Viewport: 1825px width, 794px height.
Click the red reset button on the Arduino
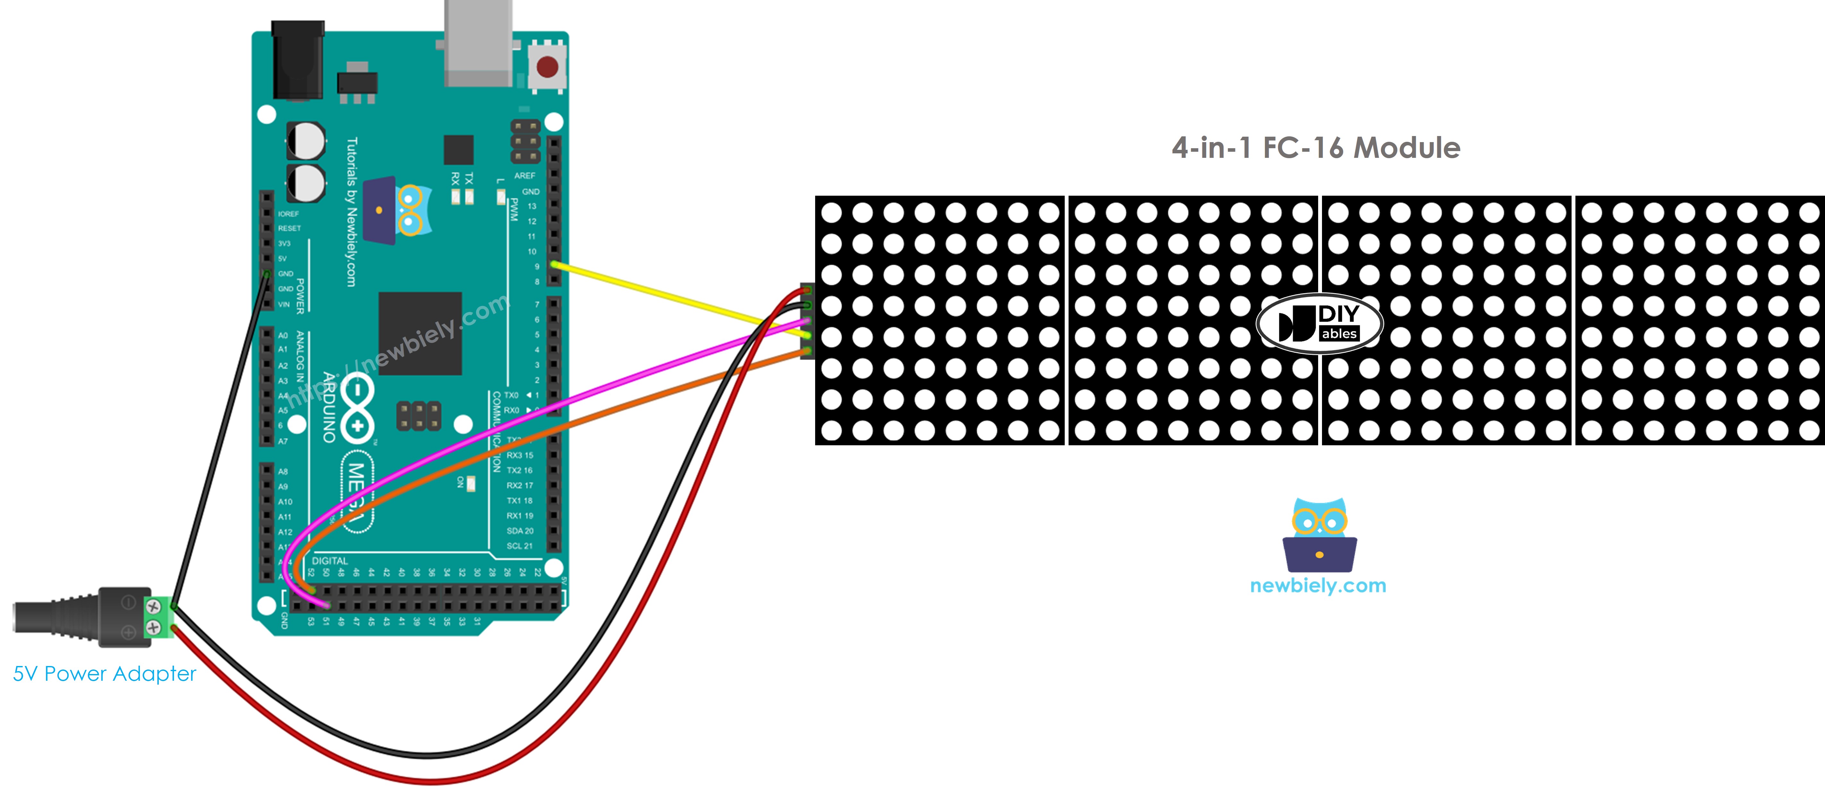[547, 67]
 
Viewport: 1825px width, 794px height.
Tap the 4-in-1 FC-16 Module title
[1316, 148]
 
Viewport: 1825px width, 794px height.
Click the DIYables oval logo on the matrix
[1319, 323]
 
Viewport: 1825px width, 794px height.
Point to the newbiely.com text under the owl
[1318, 586]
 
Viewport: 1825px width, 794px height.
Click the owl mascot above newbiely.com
[1319, 535]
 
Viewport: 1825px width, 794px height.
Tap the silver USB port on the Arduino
[478, 42]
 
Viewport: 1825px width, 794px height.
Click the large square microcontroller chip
[420, 333]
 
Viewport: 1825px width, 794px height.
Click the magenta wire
[567, 404]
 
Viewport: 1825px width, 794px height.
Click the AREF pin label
[525, 176]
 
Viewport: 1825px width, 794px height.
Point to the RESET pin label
[289, 228]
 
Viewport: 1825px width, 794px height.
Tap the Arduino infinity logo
[357, 407]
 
